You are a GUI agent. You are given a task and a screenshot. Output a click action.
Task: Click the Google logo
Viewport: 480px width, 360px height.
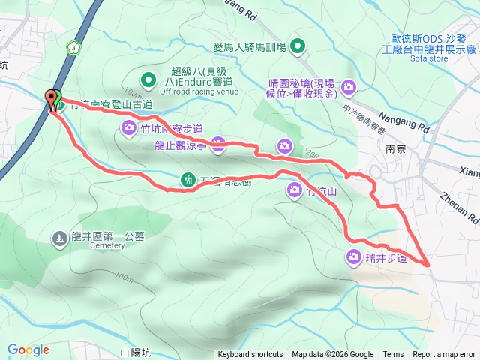click(x=28, y=349)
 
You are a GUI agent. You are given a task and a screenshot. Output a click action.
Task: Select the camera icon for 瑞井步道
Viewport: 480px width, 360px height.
click(x=353, y=257)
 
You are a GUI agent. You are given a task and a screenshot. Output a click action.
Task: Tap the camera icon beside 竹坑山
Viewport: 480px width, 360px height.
click(x=293, y=192)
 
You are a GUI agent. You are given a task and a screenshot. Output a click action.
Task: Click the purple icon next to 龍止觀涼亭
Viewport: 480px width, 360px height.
click(x=218, y=145)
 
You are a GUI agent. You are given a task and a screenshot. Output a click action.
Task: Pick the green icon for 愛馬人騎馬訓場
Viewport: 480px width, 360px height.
click(x=298, y=48)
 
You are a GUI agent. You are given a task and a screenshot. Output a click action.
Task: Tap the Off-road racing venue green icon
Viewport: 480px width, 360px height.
click(x=148, y=77)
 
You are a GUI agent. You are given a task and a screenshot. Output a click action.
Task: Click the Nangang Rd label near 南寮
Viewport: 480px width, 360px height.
click(x=409, y=121)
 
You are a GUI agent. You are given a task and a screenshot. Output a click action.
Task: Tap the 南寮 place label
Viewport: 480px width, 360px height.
click(x=395, y=148)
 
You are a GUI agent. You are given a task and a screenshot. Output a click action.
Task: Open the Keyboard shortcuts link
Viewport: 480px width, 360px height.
click(x=250, y=355)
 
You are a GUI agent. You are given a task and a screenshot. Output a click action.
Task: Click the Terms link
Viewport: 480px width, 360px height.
click(x=393, y=355)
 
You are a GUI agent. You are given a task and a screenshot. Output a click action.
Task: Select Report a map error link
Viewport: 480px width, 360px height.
click(x=444, y=355)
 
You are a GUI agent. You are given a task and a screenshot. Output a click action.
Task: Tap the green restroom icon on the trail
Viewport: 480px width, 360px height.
click(x=187, y=179)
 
